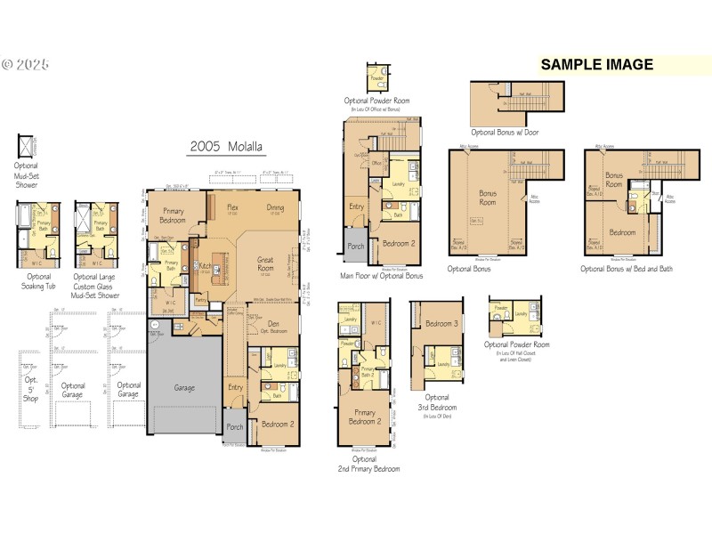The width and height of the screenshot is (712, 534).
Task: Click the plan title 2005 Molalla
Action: (x=226, y=148)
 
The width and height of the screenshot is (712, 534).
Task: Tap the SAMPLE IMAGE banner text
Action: (x=597, y=64)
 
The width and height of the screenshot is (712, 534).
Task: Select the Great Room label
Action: (x=266, y=264)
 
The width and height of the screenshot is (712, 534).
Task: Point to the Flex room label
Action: (x=232, y=207)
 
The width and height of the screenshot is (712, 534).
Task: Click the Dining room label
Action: (x=276, y=207)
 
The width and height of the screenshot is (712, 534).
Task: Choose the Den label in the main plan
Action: (x=273, y=324)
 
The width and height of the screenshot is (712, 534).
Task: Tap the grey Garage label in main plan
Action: (x=185, y=388)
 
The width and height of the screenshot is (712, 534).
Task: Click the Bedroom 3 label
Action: (x=442, y=324)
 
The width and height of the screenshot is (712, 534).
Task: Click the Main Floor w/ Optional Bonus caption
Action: (x=381, y=276)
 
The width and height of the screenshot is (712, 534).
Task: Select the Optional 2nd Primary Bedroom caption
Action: (x=368, y=464)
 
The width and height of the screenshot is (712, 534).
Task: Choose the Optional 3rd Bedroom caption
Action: (x=437, y=402)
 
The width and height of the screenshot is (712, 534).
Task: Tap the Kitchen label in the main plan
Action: (x=205, y=266)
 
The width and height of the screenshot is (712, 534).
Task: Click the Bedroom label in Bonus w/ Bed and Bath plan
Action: (x=622, y=232)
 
